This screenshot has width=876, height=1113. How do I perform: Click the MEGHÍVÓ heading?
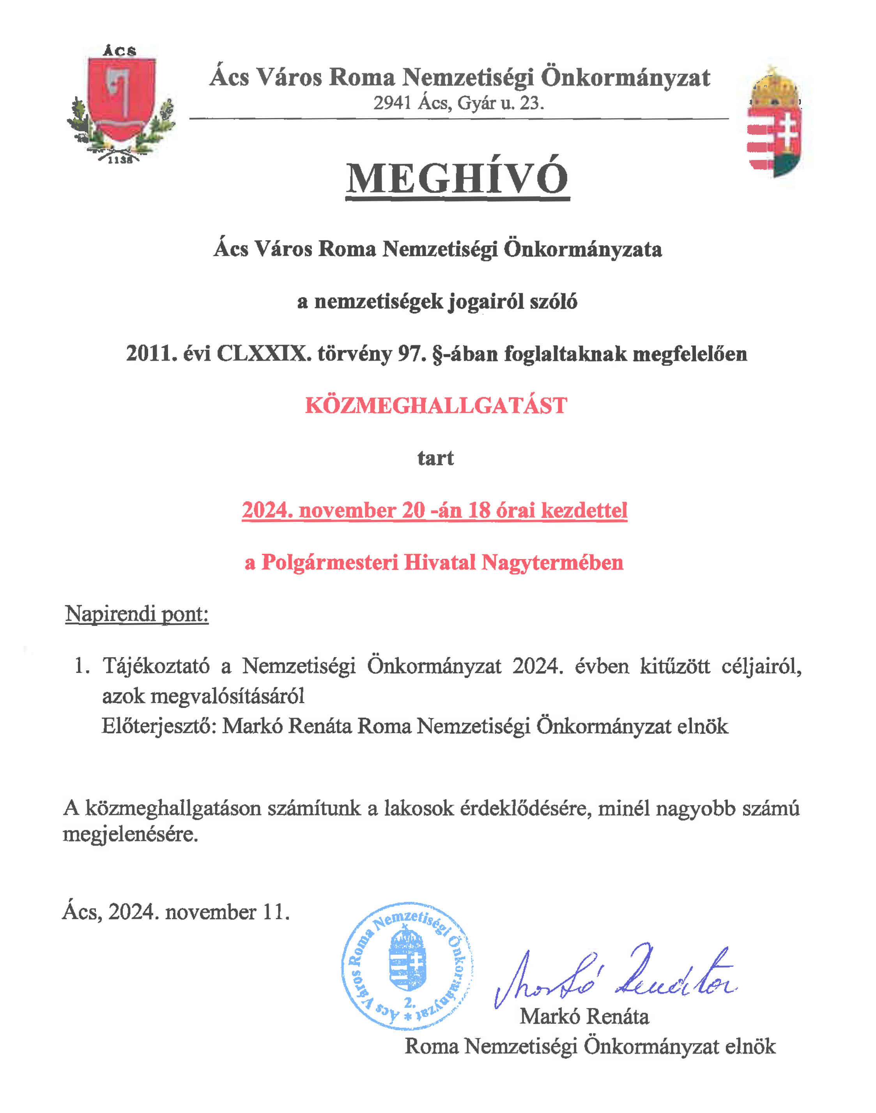click(457, 179)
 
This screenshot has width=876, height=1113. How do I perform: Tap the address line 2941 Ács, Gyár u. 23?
click(458, 103)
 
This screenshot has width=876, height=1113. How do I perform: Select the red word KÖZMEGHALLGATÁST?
click(436, 406)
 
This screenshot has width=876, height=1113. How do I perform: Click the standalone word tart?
click(435, 458)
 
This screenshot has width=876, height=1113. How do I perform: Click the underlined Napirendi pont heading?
click(137, 614)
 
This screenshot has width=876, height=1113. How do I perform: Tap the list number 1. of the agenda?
click(82, 666)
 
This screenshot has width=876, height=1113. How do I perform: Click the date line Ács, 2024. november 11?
click(176, 912)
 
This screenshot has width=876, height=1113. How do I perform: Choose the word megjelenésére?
click(130, 835)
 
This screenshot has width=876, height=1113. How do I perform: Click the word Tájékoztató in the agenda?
click(156, 666)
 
